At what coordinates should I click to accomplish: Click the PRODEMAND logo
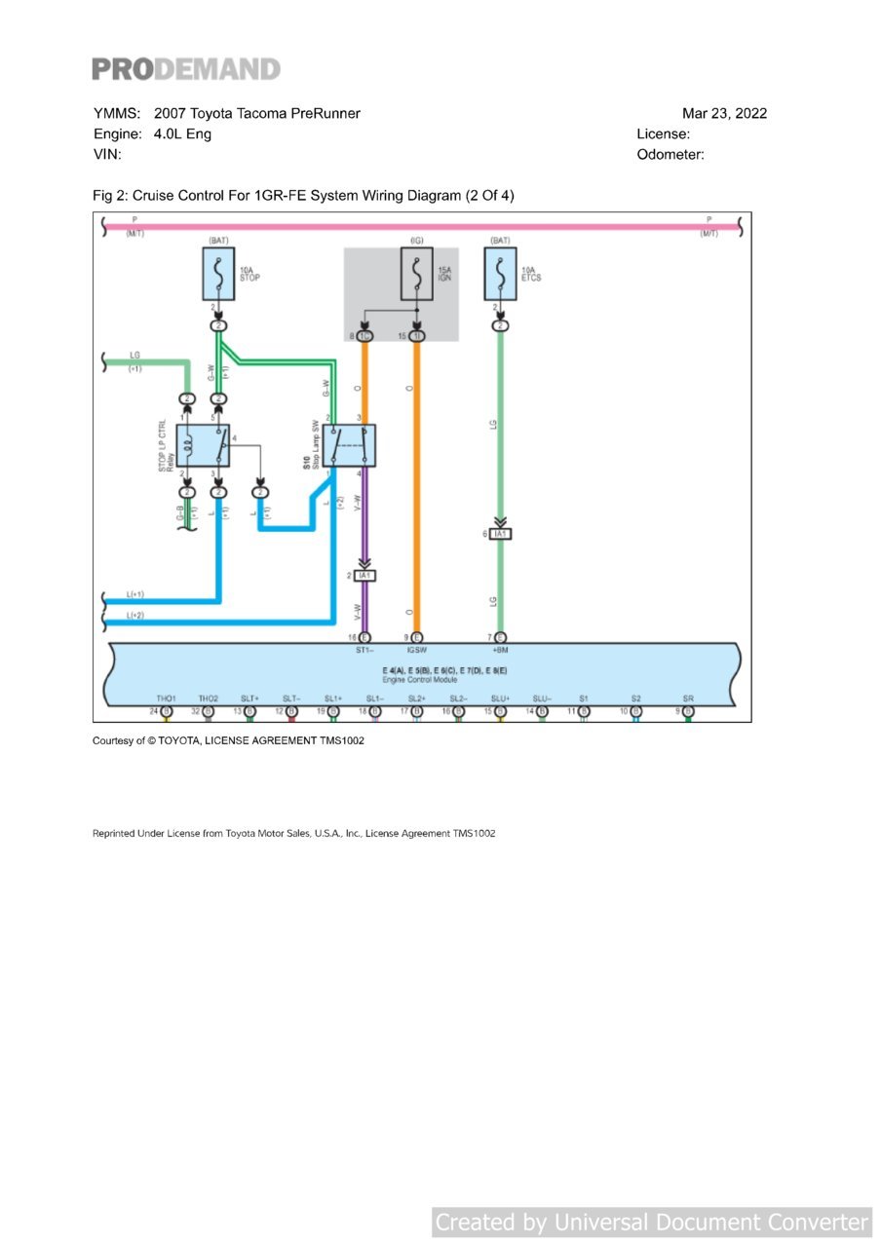186,69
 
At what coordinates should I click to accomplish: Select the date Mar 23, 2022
724,113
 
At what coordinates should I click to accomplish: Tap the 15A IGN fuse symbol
417,274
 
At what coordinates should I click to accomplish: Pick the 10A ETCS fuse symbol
500,274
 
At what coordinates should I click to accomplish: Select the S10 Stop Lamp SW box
350,445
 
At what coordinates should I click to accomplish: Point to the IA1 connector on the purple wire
364,576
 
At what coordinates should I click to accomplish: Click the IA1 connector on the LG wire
501,534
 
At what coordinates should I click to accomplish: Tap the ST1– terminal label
364,649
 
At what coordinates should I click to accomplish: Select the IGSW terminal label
417,649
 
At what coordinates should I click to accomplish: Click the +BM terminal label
500,649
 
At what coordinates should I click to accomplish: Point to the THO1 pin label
166,699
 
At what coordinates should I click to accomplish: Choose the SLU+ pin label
501,699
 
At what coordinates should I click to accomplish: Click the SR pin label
688,699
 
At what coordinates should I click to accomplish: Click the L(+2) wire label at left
135,616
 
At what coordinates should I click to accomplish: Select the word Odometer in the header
670,154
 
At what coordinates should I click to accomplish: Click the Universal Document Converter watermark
651,1222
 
